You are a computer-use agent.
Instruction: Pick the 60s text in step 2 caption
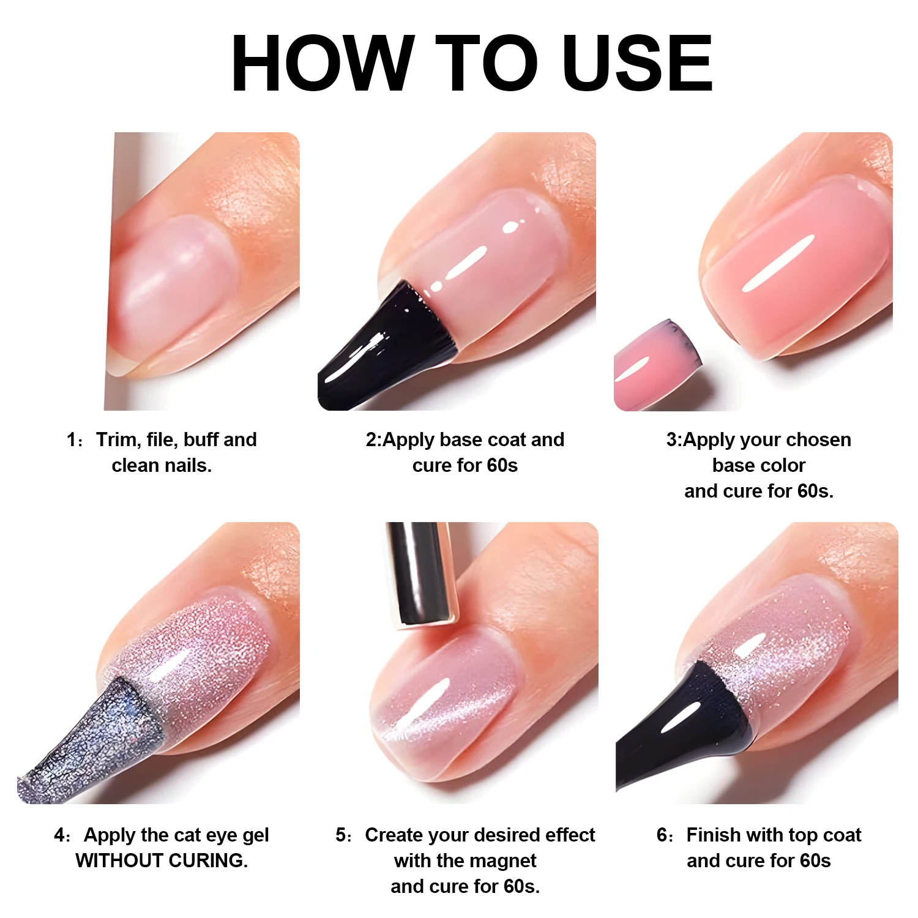pos(502,465)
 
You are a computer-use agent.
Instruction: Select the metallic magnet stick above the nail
pos(421,572)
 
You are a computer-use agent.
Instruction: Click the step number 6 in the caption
pos(662,835)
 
